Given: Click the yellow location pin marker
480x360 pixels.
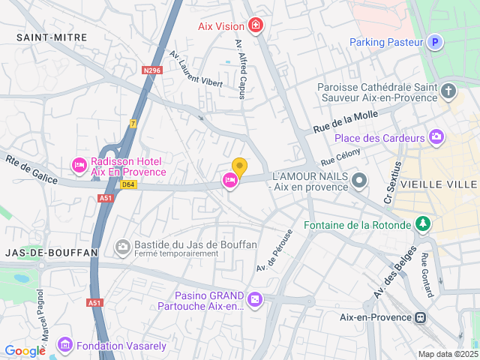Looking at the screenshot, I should [239, 166].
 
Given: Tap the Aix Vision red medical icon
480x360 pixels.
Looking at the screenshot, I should [256, 26].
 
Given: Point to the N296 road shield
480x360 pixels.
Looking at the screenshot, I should [152, 70].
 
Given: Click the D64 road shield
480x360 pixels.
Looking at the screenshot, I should [128, 184].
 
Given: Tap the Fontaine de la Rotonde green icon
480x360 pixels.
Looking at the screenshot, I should [424, 224].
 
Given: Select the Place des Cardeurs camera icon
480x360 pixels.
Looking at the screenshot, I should [436, 136].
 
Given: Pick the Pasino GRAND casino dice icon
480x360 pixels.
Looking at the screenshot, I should [255, 300].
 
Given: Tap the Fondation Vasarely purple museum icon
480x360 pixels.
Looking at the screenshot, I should [64, 345].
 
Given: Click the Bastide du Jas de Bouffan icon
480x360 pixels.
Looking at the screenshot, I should [122, 246].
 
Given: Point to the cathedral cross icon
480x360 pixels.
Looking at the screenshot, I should [448, 92].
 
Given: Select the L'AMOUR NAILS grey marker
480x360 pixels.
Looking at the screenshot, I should [359, 179].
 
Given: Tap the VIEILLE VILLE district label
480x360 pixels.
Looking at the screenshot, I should [439, 184].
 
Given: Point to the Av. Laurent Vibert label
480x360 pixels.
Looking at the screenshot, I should [196, 68].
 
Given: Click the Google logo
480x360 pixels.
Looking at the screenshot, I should [25, 350].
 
